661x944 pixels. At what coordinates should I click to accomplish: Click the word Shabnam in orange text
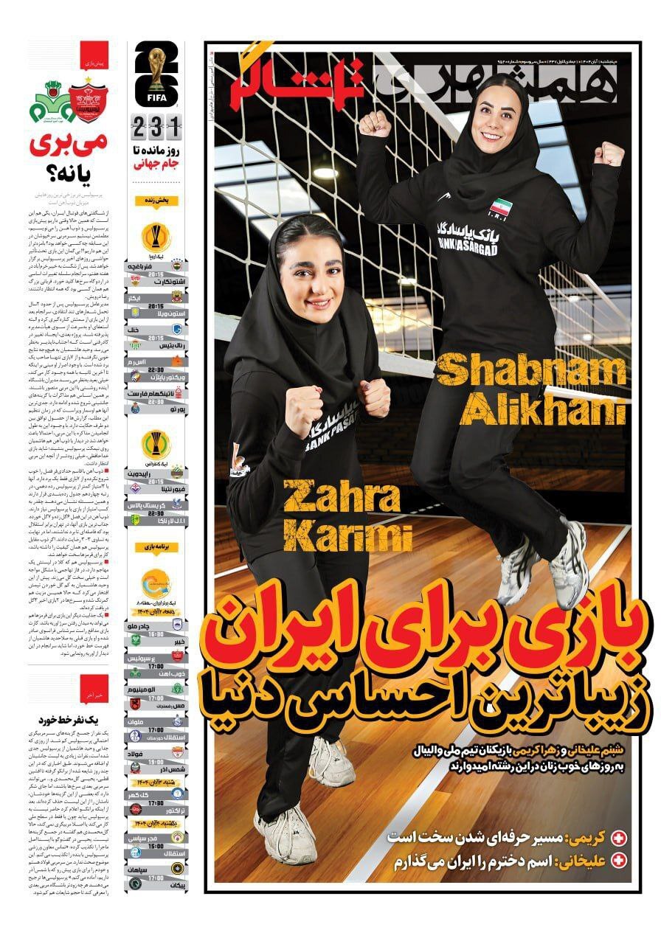pos(529,372)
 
